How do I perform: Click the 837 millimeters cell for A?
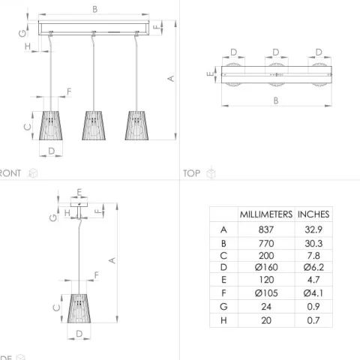pyautogui.click(x=266, y=229)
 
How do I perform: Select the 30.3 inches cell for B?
pyautogui.click(x=313, y=244)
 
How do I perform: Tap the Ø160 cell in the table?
pyautogui.click(x=266, y=267)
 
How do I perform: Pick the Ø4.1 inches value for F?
pyautogui.click(x=313, y=293)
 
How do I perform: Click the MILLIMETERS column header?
pyautogui.click(x=266, y=214)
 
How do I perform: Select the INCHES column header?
pyautogui.click(x=313, y=214)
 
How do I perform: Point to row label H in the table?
pyautogui.click(x=223, y=320)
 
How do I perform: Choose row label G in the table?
pyautogui.click(x=223, y=307)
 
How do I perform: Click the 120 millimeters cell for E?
pyautogui.click(x=266, y=280)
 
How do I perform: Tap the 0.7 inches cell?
pyautogui.click(x=313, y=320)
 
